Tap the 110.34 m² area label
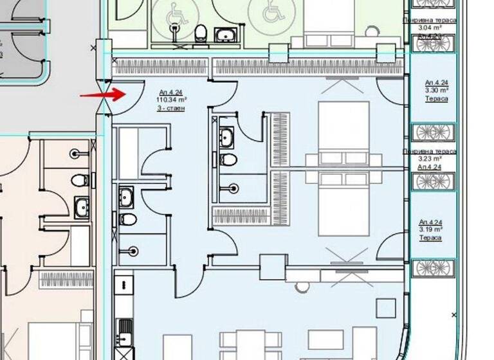172,100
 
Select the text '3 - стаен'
171,108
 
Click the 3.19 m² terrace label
430,230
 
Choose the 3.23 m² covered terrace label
430,158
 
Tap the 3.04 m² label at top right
430,28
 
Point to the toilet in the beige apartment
80,179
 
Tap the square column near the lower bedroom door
273,267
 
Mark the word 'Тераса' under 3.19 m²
430,238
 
